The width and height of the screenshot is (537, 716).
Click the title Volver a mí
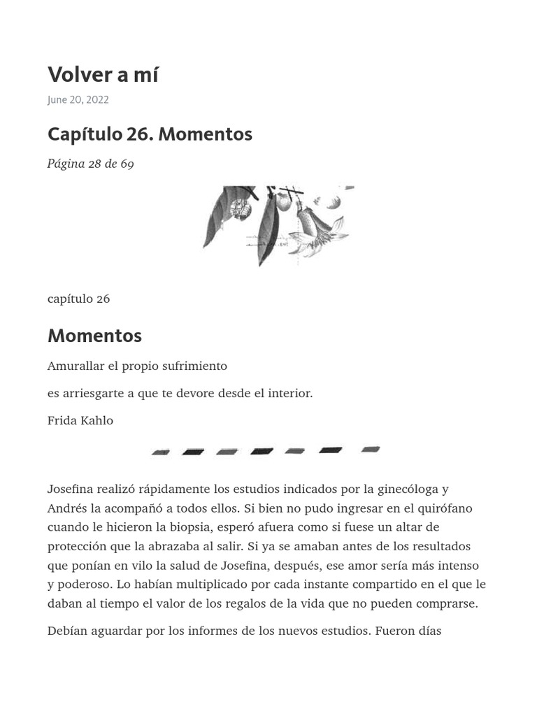[x=103, y=75]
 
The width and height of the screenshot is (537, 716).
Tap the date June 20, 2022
[x=78, y=100]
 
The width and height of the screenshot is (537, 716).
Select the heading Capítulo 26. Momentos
[x=150, y=134]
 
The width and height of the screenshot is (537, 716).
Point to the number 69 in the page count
[x=127, y=164]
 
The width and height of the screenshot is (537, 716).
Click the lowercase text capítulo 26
[x=78, y=299]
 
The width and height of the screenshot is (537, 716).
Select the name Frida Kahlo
[x=80, y=421]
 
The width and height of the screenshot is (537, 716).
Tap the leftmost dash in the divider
[x=161, y=452]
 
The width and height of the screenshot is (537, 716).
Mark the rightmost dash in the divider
[x=371, y=450]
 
